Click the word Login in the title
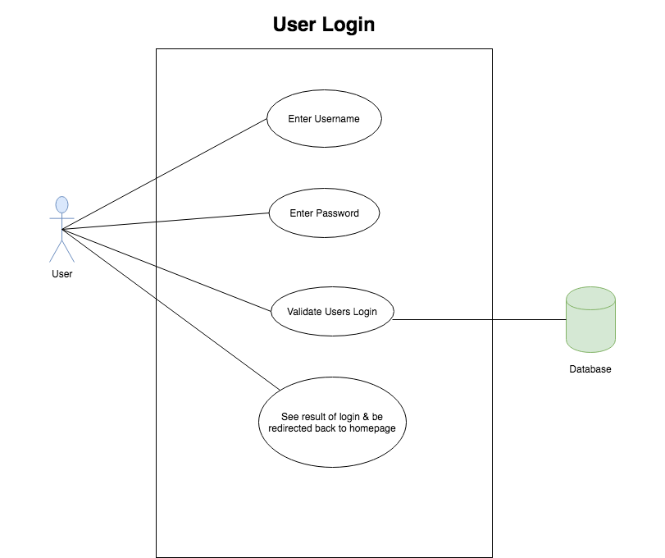348,25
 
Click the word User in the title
295,24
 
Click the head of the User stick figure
62,204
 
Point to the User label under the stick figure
62,274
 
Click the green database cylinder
590,319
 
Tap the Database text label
590,369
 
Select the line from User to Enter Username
165,175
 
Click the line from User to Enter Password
166,221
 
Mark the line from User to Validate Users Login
166,270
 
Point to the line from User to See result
171,309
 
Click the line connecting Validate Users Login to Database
479,319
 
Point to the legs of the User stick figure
62,251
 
